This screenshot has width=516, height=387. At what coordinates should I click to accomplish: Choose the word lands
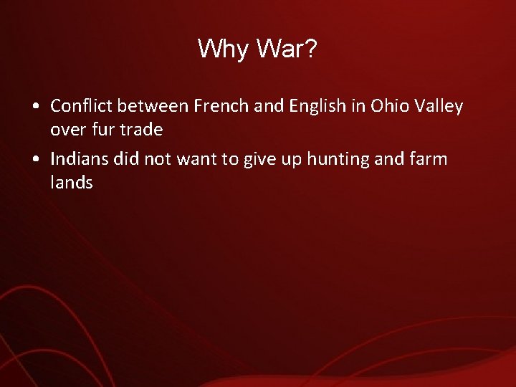point(72,183)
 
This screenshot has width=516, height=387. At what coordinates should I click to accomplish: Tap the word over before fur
point(67,131)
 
